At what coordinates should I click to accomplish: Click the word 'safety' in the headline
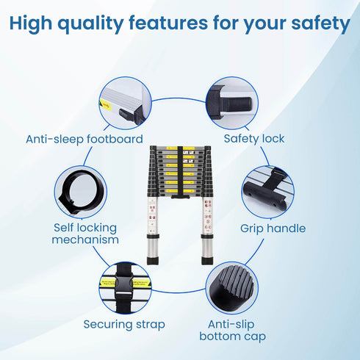320,24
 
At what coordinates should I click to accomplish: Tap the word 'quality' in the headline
90,24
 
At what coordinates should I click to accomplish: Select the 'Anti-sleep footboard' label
84,140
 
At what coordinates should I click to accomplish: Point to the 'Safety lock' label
254,139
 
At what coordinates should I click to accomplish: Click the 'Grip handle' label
273,228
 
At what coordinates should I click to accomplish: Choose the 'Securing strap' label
124,325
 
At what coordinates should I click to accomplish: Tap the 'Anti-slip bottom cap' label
232,331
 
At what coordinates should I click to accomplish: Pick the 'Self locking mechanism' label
85,234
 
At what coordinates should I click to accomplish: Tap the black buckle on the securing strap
124,284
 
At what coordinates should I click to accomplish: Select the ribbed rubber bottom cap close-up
232,287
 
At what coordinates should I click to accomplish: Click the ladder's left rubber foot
153,261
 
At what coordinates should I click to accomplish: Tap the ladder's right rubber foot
207,261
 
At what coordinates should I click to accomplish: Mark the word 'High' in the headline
31,24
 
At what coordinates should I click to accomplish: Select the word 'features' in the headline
168,24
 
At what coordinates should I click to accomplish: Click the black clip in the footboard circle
129,115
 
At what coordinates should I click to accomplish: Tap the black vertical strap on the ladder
180,171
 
